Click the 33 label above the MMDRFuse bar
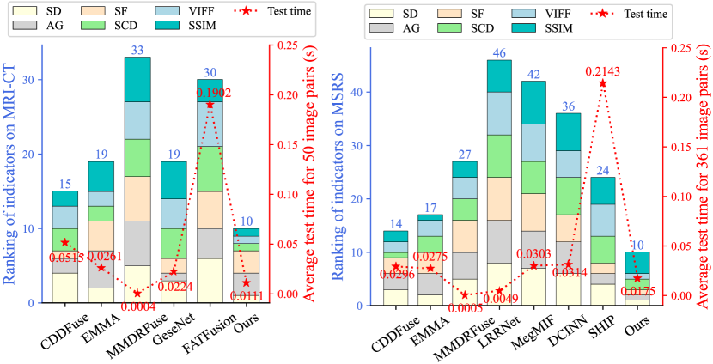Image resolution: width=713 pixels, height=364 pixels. pyautogui.click(x=137, y=50)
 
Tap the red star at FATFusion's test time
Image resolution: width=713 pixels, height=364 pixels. pyautogui.click(x=210, y=104)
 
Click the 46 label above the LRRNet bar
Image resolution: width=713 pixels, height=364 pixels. pyautogui.click(x=499, y=53)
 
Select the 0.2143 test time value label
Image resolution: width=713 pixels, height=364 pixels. pyautogui.click(x=602, y=74)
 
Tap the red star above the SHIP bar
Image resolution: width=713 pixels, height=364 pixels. pyautogui.click(x=602, y=83)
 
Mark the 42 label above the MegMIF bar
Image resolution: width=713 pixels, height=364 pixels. pyautogui.click(x=533, y=74)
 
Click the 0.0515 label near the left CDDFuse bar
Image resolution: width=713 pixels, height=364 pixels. pyautogui.click(x=65, y=256)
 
